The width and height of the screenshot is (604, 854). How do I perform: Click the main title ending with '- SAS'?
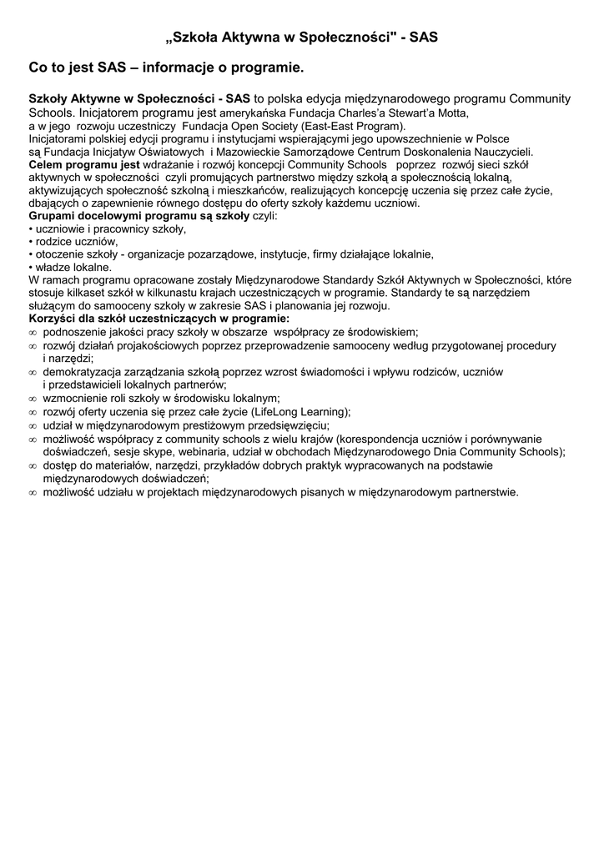point(301,38)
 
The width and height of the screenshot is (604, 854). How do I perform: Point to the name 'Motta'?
point(451,113)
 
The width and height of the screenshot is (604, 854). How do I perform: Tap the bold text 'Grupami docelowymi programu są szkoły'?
point(138,216)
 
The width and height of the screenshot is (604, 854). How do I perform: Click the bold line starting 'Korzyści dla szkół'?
point(159,319)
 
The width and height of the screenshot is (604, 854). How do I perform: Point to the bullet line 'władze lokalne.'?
point(73,268)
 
